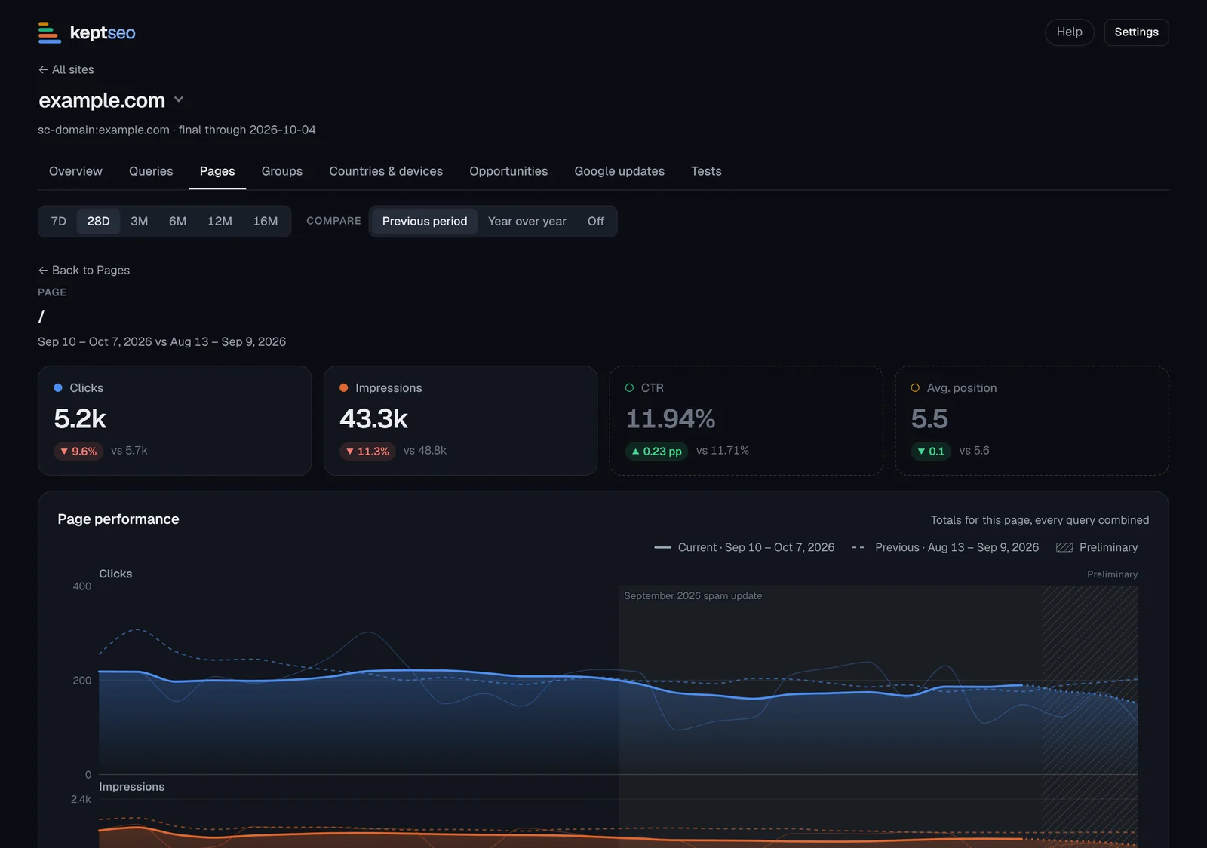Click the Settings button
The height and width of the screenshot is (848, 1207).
click(x=1136, y=32)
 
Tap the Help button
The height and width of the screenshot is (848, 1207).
click(x=1069, y=32)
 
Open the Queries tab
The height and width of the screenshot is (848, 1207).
click(x=151, y=171)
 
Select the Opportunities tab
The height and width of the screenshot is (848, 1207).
click(x=508, y=171)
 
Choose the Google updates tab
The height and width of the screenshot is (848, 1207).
click(x=619, y=171)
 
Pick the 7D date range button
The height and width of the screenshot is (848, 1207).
click(x=58, y=222)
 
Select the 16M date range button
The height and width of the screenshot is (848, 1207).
click(x=265, y=222)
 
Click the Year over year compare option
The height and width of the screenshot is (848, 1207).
click(x=527, y=222)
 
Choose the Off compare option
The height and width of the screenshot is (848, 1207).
click(x=595, y=222)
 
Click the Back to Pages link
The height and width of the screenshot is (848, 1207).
click(x=84, y=271)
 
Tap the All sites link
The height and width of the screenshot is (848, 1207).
click(x=66, y=69)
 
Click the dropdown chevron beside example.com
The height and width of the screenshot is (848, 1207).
click(x=178, y=99)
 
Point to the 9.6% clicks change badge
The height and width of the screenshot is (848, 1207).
click(x=78, y=452)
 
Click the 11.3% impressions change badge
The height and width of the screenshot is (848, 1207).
click(x=367, y=452)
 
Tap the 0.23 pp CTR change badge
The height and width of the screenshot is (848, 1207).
click(x=656, y=452)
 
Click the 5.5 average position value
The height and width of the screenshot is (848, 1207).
click(x=929, y=419)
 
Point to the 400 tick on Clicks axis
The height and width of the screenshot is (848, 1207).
click(x=82, y=586)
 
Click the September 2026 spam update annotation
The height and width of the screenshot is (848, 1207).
click(x=693, y=596)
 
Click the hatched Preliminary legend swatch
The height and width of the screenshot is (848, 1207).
click(x=1064, y=547)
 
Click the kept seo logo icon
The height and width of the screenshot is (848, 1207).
click(x=50, y=32)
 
